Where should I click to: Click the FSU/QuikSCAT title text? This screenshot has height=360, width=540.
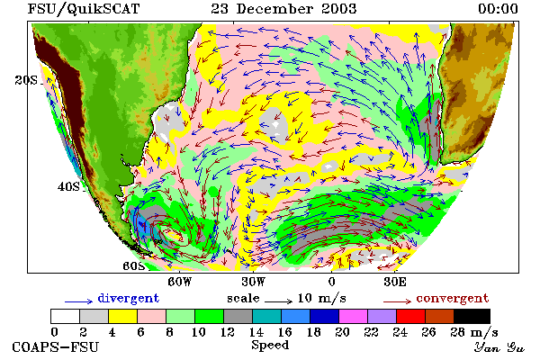(x=84, y=9)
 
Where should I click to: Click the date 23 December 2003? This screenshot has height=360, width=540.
(x=283, y=9)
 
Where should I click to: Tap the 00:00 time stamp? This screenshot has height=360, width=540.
(x=498, y=9)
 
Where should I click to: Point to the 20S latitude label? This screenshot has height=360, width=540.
(x=26, y=80)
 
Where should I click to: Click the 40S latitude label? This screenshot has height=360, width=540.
(x=68, y=186)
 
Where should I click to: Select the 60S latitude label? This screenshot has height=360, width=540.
(x=134, y=266)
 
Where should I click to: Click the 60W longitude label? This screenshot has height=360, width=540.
(x=179, y=282)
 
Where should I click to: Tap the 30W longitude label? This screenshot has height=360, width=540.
(x=253, y=282)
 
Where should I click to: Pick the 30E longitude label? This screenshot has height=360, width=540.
(x=395, y=282)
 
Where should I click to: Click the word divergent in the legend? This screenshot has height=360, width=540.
(x=129, y=298)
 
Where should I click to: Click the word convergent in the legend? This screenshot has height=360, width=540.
(x=453, y=298)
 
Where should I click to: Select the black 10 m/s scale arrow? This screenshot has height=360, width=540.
(x=279, y=301)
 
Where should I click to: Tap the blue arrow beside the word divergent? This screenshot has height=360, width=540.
(x=79, y=301)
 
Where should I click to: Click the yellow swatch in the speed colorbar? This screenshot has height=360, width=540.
(x=123, y=316)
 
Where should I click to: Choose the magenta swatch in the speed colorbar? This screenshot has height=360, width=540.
(x=354, y=316)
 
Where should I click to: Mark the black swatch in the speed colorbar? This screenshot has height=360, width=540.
(x=472, y=316)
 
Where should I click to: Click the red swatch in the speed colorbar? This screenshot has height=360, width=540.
(x=411, y=316)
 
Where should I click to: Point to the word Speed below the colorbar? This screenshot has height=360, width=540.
(x=270, y=346)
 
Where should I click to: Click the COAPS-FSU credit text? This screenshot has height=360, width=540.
(x=56, y=346)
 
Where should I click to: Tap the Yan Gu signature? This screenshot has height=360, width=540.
(x=499, y=347)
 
